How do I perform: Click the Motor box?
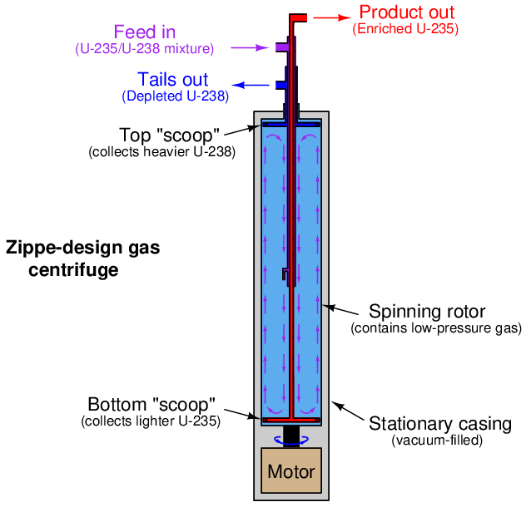click(291, 471)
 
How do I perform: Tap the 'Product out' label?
click(407, 12)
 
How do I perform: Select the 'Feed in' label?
click(145, 32)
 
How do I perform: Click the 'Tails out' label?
click(172, 80)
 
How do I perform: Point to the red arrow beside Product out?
click(333, 16)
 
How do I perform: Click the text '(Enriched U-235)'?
click(405, 29)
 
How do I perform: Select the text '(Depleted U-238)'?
click(175, 96)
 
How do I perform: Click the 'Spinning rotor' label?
click(427, 312)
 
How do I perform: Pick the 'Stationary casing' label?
click(440, 425)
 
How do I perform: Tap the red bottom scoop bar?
click(291, 420)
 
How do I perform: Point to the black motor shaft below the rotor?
click(291, 435)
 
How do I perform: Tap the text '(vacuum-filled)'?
click(437, 441)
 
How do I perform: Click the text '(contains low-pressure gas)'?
click(436, 328)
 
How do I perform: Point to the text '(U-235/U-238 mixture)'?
click(145, 49)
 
